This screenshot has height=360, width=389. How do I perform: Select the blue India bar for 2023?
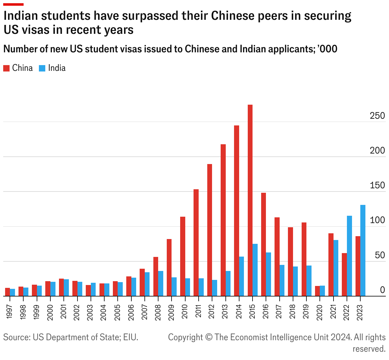(x=363, y=251)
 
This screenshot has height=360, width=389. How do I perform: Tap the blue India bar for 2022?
(x=349, y=256)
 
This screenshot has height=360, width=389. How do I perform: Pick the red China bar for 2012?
(x=209, y=230)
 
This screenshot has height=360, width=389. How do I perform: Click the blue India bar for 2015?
(x=255, y=270)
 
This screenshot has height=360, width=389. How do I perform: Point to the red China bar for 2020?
(x=317, y=291)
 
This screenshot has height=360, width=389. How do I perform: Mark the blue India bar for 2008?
(x=161, y=283)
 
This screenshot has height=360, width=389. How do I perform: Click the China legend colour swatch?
(x=6, y=68)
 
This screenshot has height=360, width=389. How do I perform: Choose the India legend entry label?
(x=57, y=68)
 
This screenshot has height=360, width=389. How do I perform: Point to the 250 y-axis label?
(x=377, y=116)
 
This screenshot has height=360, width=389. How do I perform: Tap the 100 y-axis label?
(x=377, y=221)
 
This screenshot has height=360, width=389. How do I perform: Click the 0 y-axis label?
(x=382, y=290)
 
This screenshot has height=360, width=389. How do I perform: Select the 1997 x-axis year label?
(x=9, y=311)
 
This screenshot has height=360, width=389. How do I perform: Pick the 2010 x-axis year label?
(x=184, y=311)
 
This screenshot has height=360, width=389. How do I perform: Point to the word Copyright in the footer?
(x=185, y=337)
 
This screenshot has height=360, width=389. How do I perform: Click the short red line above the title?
(x=13, y=4)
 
